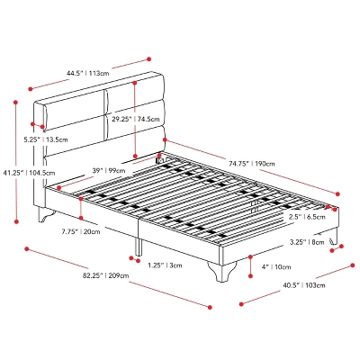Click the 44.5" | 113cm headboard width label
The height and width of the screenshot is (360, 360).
[x=88, y=73]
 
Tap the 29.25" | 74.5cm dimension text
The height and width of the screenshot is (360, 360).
[x=136, y=119]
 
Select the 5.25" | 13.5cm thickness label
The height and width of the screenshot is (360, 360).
[x=46, y=139]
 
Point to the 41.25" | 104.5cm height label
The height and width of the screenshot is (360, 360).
[x=29, y=173]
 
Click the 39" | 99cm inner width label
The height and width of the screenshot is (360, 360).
[x=109, y=170]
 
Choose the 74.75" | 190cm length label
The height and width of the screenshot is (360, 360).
[x=251, y=164]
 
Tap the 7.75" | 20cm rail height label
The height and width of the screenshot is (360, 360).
[x=81, y=231]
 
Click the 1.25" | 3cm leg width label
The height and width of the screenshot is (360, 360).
[x=165, y=265]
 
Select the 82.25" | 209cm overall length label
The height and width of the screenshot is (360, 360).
[x=106, y=275]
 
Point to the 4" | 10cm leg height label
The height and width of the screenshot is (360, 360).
[x=276, y=266]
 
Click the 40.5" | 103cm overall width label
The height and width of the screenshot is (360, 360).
[x=303, y=285]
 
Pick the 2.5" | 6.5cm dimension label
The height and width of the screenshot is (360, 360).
[x=307, y=217]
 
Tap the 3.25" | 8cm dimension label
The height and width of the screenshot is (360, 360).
[x=307, y=241]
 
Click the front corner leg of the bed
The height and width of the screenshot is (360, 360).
[x=221, y=272]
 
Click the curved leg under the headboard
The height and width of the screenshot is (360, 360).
[x=45, y=214]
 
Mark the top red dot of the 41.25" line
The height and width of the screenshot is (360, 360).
[x=16, y=103]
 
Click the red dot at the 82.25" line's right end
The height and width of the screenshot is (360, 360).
[x=210, y=307]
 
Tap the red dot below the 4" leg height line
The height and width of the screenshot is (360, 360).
[x=250, y=275]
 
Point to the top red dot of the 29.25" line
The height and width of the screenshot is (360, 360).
[x=135, y=83]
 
